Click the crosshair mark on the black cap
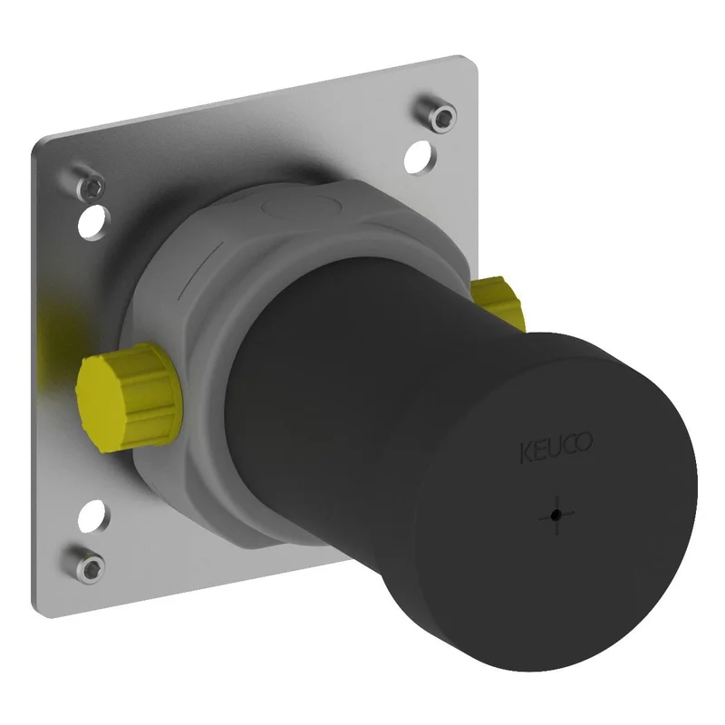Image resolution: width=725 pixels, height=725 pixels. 556,515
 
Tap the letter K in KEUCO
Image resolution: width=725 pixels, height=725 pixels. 527,452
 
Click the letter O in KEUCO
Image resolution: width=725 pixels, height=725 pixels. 585,441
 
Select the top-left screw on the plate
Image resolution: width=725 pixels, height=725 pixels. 89,184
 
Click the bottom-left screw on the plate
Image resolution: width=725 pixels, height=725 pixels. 88,563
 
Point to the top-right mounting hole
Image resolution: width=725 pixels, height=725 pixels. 420,157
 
